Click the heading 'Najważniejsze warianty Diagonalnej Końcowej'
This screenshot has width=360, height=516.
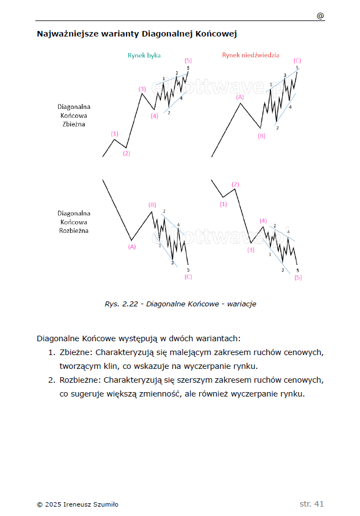point(137,34)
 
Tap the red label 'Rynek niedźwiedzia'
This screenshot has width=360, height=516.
point(251,55)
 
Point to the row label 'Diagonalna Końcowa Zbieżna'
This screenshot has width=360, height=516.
point(74,115)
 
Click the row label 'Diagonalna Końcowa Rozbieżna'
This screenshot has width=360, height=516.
point(74,222)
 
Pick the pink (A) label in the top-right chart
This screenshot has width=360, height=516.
point(240,97)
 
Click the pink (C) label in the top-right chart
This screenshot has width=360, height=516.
point(298,60)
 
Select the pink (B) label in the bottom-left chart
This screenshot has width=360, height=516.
point(152,205)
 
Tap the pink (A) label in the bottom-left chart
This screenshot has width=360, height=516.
point(132,247)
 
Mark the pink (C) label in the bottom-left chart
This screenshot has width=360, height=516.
point(188,277)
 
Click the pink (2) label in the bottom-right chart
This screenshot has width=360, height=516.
point(236,184)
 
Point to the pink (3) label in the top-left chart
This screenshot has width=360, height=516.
point(142,88)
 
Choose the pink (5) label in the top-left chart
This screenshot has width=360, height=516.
point(188,60)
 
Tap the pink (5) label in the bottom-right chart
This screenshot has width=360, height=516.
point(298,277)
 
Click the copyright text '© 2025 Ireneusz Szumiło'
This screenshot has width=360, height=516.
point(77,504)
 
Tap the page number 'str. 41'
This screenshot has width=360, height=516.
point(311,504)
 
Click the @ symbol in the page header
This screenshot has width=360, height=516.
point(320,15)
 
